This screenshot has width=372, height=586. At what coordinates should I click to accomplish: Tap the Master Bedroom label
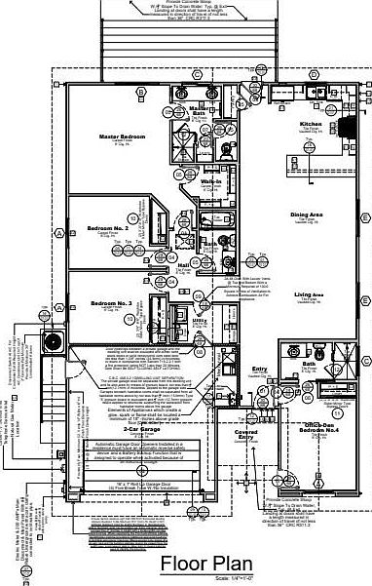122,137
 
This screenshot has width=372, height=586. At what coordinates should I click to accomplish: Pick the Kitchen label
311,125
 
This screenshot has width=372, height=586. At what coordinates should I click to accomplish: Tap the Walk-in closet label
209,181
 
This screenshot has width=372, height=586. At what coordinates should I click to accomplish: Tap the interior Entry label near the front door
259,370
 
